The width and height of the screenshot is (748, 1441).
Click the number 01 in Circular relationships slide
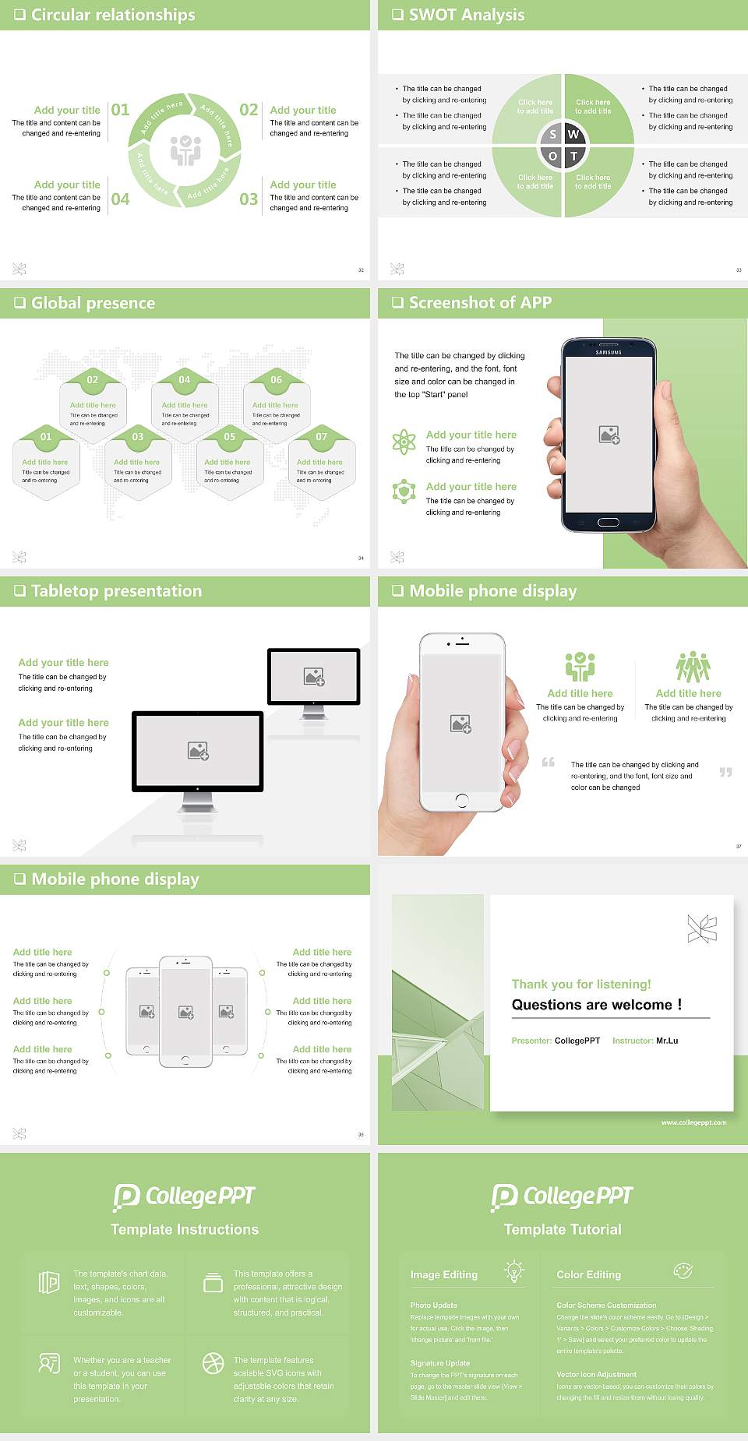[120, 110]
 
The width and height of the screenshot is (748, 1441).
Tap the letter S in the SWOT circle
[552, 134]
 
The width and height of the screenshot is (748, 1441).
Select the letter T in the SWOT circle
[574, 156]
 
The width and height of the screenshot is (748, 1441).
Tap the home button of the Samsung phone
[608, 522]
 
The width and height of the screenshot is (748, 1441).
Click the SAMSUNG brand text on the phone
[609, 353]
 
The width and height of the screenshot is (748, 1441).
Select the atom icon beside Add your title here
[404, 442]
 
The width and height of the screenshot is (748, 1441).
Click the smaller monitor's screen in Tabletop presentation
[314, 676]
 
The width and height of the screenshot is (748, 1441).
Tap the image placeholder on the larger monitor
[198, 751]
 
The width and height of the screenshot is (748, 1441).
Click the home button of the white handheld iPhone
[461, 800]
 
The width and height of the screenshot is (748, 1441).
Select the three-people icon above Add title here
[693, 667]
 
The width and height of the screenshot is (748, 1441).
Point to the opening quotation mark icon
[549, 762]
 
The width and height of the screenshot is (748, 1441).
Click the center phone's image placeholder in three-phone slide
[185, 1012]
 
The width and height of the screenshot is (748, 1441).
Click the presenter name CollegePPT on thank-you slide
[577, 1041]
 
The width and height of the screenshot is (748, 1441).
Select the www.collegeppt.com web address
[693, 1122]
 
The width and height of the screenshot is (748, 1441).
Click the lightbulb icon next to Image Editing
[513, 1270]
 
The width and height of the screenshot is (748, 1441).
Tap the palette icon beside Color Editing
[683, 1270]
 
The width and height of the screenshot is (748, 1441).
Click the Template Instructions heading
[185, 1229]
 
